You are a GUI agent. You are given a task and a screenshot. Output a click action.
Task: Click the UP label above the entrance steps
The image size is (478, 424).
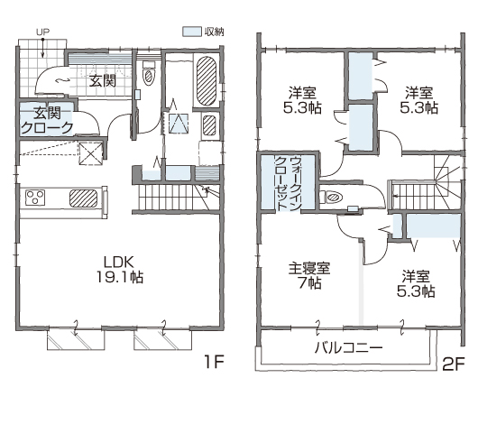pyautogui.click(x=43, y=32)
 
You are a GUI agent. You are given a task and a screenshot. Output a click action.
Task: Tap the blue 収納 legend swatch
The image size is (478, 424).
pyautogui.click(x=192, y=32)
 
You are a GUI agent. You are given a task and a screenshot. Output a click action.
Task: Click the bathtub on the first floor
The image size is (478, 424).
pyautogui.click(x=207, y=81)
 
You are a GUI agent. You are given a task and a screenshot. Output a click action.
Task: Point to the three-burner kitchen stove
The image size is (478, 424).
pyautogui.click(x=35, y=198)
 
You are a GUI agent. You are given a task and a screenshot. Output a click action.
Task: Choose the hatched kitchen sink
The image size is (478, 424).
pyautogui.click(x=84, y=198)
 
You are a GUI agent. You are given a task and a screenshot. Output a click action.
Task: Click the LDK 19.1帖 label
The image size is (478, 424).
pyautogui.click(x=120, y=270)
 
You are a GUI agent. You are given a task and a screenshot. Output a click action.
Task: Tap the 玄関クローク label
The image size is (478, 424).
pyautogui.click(x=47, y=121)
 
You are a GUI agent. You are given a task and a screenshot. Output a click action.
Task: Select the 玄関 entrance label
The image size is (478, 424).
pyautogui.click(x=103, y=81)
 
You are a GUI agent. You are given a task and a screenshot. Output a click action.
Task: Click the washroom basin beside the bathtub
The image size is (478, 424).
pyautogui.click(x=209, y=124)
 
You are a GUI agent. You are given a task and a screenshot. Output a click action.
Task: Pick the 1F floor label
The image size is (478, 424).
pyautogui.click(x=214, y=362)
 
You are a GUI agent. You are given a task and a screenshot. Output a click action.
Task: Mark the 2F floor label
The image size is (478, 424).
pyautogui.click(x=454, y=364)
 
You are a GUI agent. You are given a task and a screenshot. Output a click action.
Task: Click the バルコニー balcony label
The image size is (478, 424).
pyautogui.click(x=348, y=347)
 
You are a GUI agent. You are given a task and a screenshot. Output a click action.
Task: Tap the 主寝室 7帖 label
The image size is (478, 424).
pyautogui.click(x=309, y=276)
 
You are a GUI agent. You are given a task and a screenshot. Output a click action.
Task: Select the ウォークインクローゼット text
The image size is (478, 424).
pyautogui.click(x=288, y=183)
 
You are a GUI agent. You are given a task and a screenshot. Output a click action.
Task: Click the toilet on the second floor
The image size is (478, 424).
pyautogui.click(x=332, y=198)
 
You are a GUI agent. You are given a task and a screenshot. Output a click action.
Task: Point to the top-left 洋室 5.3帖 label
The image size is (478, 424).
pyautogui.click(x=302, y=100)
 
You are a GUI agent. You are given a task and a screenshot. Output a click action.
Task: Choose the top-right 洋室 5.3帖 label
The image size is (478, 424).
pyautogui.click(x=418, y=100)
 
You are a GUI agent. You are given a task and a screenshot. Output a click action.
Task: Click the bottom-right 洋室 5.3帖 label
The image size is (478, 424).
pyautogui.click(x=416, y=283)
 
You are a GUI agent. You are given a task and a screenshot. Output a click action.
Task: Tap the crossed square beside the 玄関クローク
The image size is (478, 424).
pyautogui.click(x=90, y=153)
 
